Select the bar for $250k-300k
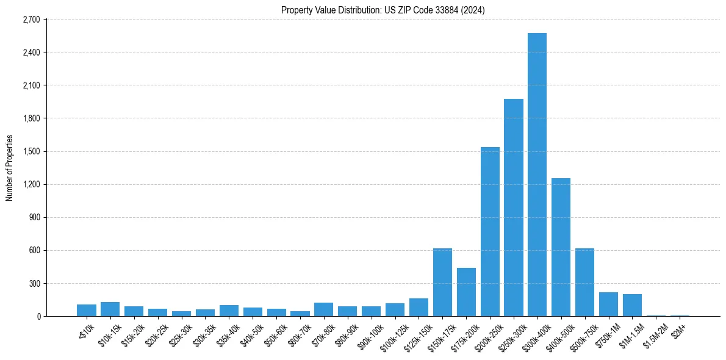coord(513,207)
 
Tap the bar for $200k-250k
coord(490,232)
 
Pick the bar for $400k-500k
coord(561,247)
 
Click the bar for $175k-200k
coord(466,292)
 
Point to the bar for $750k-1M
coord(608,304)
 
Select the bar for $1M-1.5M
coord(632,305)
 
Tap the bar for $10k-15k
coord(110,309)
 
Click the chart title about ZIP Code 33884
coord(383,10)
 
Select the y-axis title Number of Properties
coord(9,168)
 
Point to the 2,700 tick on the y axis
coord(31,20)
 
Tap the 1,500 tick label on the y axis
coord(31,151)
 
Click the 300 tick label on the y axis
coord(34,284)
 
